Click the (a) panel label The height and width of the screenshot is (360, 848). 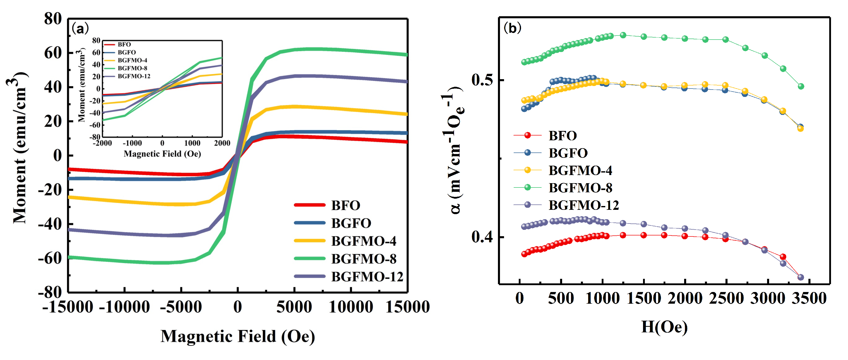80,29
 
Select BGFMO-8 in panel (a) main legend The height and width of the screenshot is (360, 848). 364,259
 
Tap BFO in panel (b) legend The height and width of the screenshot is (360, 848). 563,136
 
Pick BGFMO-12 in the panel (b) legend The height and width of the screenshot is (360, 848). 583,205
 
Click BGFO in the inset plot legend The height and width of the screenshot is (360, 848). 127,52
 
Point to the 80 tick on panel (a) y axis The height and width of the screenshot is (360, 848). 53,19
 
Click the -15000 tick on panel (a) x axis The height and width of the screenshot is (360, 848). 68,307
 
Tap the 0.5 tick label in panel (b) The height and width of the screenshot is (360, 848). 482,80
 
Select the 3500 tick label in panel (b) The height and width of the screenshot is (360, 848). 809,298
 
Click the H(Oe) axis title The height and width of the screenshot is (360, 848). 664,327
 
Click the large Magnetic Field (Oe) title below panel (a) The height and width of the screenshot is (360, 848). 237,336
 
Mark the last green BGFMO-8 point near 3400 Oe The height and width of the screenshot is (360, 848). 801,86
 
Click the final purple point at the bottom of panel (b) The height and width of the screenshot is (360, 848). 801,277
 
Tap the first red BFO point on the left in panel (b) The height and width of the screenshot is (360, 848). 524,254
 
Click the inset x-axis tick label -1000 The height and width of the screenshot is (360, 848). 132,143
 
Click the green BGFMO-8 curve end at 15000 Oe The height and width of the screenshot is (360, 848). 407,55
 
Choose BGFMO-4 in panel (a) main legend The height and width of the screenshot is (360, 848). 364,241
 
